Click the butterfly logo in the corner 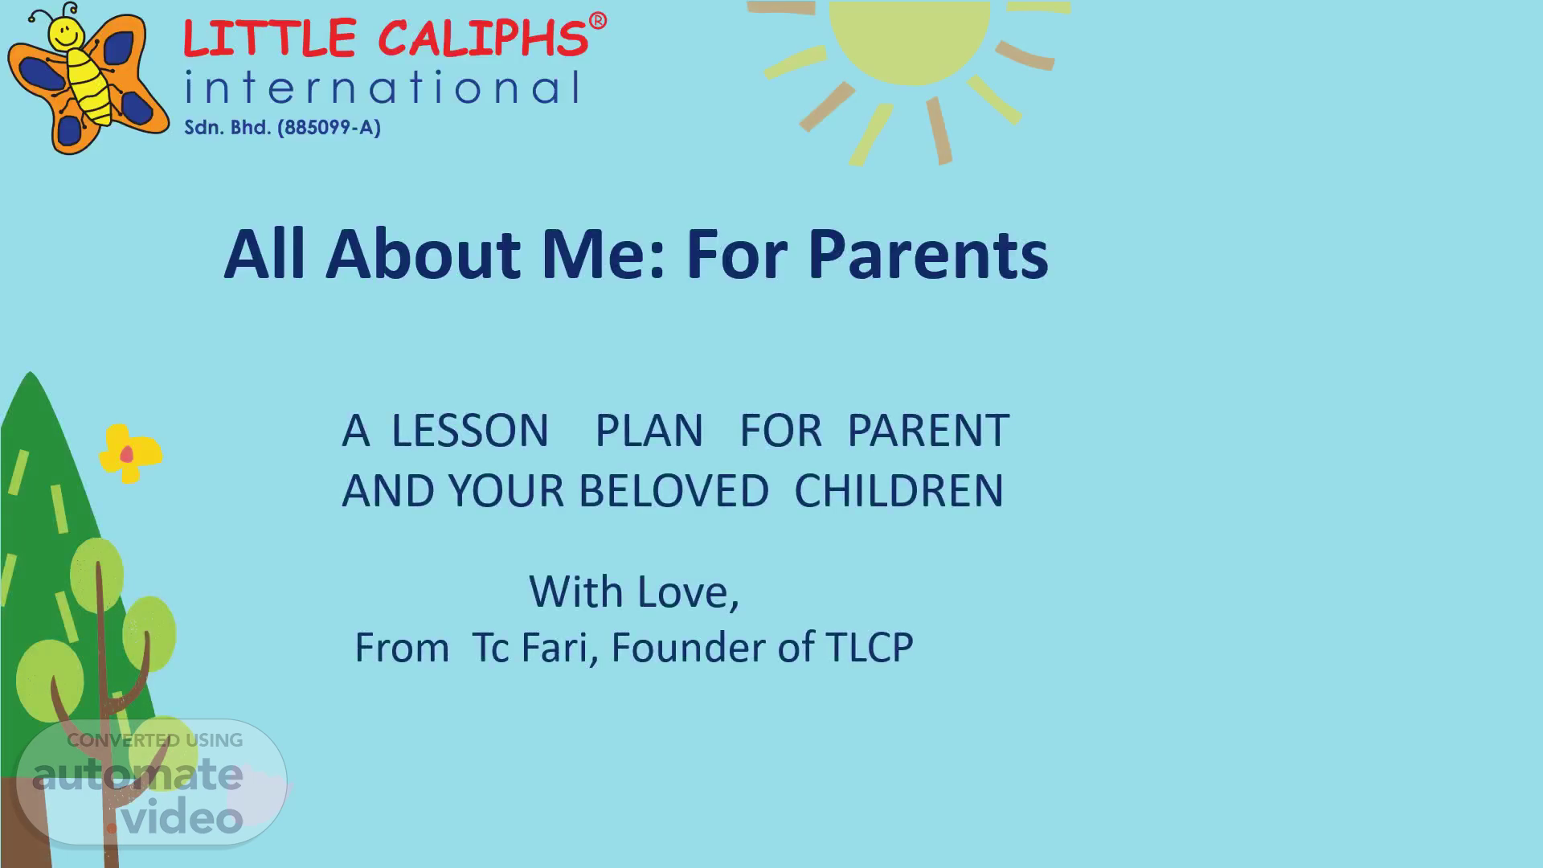click(x=88, y=79)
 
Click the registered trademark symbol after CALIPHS click(x=597, y=22)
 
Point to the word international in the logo click(x=382, y=88)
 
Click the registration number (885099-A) click(x=329, y=128)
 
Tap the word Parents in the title click(x=928, y=254)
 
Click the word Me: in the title click(x=604, y=254)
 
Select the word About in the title click(x=424, y=254)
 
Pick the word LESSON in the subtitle click(x=470, y=431)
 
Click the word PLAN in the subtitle click(x=649, y=431)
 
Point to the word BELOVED click(x=674, y=490)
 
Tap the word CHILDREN click(x=899, y=490)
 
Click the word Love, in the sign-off click(x=688, y=593)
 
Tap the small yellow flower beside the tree click(x=129, y=453)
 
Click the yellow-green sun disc click(x=910, y=40)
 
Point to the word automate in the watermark click(x=137, y=775)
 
